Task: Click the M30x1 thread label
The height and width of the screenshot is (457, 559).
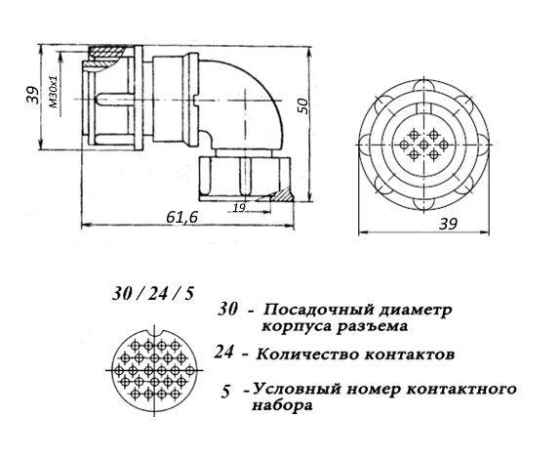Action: pyautogui.click(x=55, y=92)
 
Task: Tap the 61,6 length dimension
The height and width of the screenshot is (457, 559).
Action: pyautogui.click(x=182, y=217)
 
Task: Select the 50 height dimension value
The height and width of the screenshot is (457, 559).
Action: pyautogui.click(x=302, y=105)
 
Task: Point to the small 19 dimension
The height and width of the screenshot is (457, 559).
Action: pyautogui.click(x=239, y=208)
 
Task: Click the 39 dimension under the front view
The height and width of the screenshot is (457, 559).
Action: pyautogui.click(x=448, y=224)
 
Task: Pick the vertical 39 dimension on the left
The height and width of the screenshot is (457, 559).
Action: pyautogui.click(x=33, y=95)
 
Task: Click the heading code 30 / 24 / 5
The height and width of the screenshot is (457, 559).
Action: pyautogui.click(x=153, y=295)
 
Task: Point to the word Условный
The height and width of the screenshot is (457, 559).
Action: pyautogui.click(x=295, y=390)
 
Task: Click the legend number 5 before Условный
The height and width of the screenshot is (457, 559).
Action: pyautogui.click(x=225, y=393)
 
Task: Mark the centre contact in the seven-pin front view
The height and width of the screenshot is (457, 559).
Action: pyautogui.click(x=423, y=145)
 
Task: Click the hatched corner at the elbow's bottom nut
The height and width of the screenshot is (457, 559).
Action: pyautogui.click(x=284, y=194)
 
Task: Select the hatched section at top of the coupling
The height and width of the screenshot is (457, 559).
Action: pyautogui.click(x=106, y=58)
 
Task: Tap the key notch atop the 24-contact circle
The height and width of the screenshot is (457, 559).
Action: pyautogui.click(x=154, y=331)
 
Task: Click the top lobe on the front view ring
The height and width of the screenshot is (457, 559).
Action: pyautogui.click(x=423, y=85)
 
